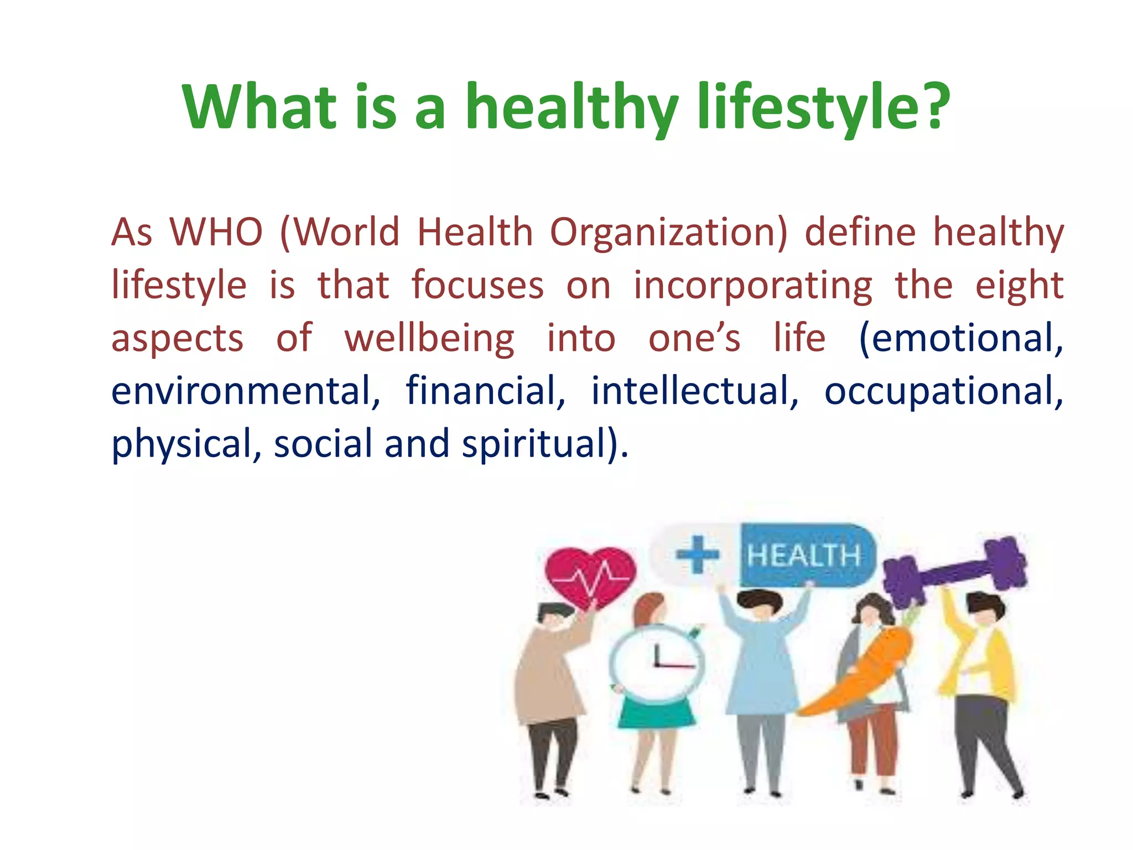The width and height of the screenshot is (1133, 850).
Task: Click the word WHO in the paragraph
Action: [216, 232]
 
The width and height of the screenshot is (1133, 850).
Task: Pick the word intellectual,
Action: [695, 391]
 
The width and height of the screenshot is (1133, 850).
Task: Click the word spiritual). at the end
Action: [545, 444]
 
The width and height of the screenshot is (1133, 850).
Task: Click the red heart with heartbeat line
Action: [590, 576]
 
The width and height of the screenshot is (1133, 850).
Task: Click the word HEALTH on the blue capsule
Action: [804, 556]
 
